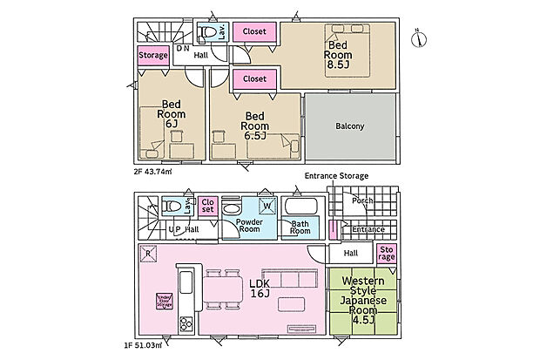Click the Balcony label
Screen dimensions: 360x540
point(350,126)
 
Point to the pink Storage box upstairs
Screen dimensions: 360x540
point(152,56)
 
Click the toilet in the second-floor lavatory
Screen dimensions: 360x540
point(208,34)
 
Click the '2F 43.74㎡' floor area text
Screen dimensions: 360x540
point(153,171)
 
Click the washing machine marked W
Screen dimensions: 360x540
point(267,207)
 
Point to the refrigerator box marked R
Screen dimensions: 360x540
point(149,255)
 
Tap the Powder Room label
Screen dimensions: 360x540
point(250,226)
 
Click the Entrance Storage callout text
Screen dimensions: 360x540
point(336,176)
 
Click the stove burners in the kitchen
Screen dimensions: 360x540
point(186,324)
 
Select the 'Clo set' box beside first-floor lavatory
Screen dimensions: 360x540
point(207,206)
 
